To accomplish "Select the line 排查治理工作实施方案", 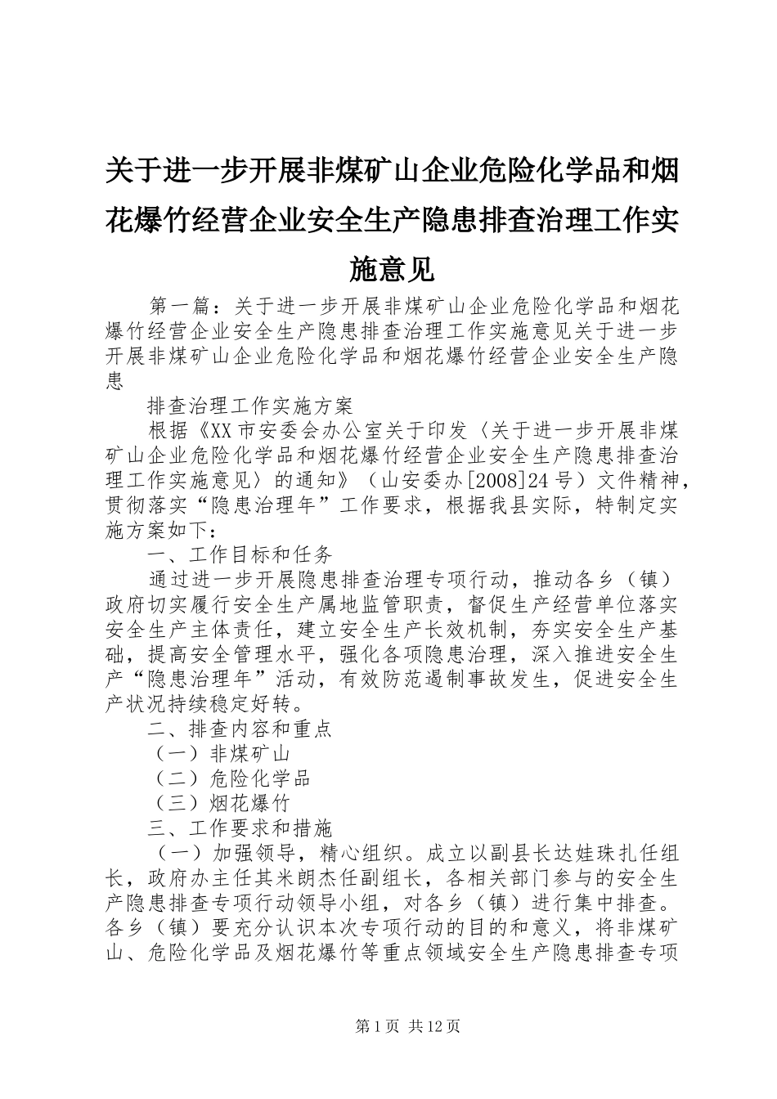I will [x=250, y=406].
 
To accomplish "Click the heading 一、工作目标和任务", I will [x=240, y=554].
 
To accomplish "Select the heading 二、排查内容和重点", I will [x=240, y=729].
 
